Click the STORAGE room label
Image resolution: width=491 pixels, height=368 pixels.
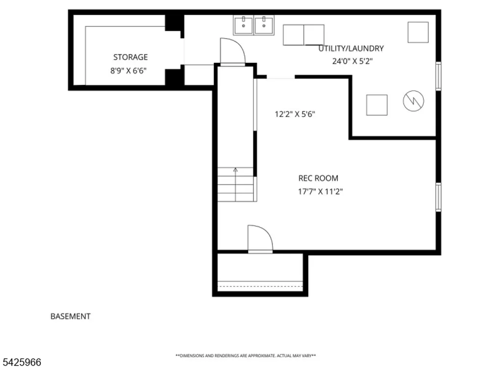point(130,57)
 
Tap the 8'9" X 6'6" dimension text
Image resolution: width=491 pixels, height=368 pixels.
point(128,71)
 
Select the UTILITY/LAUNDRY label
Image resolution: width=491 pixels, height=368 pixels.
point(351,49)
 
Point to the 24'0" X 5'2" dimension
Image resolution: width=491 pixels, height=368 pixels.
point(352,61)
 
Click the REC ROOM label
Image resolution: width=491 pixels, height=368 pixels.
point(318,179)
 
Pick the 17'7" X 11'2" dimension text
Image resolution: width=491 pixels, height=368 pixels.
point(320,191)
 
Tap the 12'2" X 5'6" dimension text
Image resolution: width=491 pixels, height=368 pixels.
point(295,114)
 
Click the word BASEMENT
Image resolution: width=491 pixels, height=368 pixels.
point(70,316)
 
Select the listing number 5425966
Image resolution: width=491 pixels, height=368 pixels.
point(21,362)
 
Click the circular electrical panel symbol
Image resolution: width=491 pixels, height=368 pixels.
point(413,101)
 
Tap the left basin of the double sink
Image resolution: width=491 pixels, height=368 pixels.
point(244,25)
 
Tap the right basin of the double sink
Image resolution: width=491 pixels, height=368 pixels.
point(264,25)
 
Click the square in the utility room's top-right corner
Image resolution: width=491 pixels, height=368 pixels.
point(418,32)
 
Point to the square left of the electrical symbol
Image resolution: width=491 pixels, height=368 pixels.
point(377,105)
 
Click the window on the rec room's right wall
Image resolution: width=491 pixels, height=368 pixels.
point(438,197)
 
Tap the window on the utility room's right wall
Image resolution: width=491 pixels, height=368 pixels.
point(438,77)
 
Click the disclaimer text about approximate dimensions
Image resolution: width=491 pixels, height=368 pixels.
point(245,356)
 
